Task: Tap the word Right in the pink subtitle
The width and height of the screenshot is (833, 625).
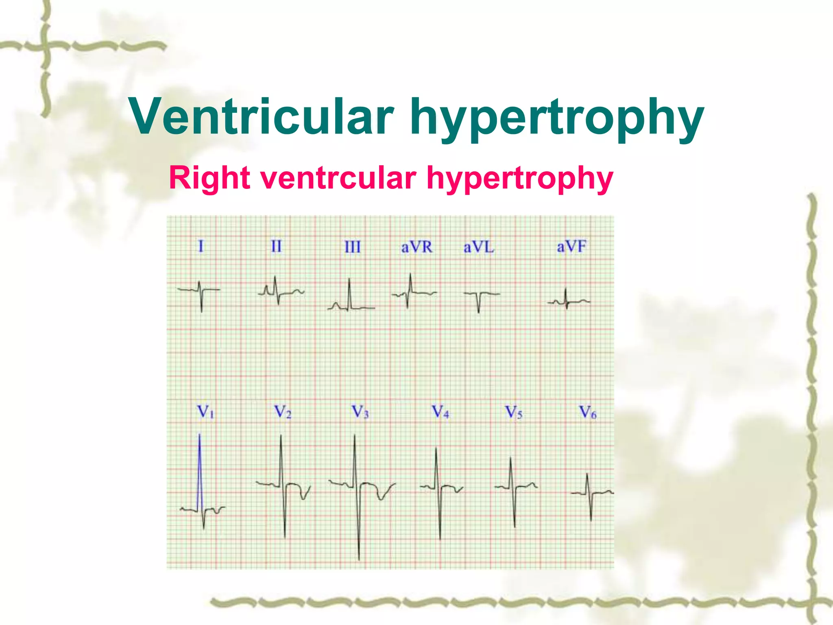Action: [x=209, y=178]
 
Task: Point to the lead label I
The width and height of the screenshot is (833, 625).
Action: [x=201, y=246]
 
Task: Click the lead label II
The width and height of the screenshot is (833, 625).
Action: [x=276, y=246]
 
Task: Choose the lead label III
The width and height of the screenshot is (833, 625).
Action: [x=352, y=247]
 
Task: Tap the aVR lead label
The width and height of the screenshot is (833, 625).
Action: [x=416, y=247]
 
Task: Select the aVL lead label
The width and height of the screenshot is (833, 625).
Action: [x=479, y=247]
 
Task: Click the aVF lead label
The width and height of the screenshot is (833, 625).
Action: [x=571, y=246]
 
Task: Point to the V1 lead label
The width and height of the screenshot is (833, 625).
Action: [x=205, y=412]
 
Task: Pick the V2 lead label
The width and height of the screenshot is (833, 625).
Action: [x=282, y=412]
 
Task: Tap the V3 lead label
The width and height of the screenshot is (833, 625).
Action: [x=360, y=412]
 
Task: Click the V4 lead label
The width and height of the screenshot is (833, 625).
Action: [x=440, y=412]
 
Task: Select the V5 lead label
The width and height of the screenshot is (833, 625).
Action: [x=513, y=412]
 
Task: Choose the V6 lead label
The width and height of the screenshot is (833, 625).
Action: [x=588, y=412]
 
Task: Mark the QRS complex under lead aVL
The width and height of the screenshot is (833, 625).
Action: [x=479, y=301]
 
